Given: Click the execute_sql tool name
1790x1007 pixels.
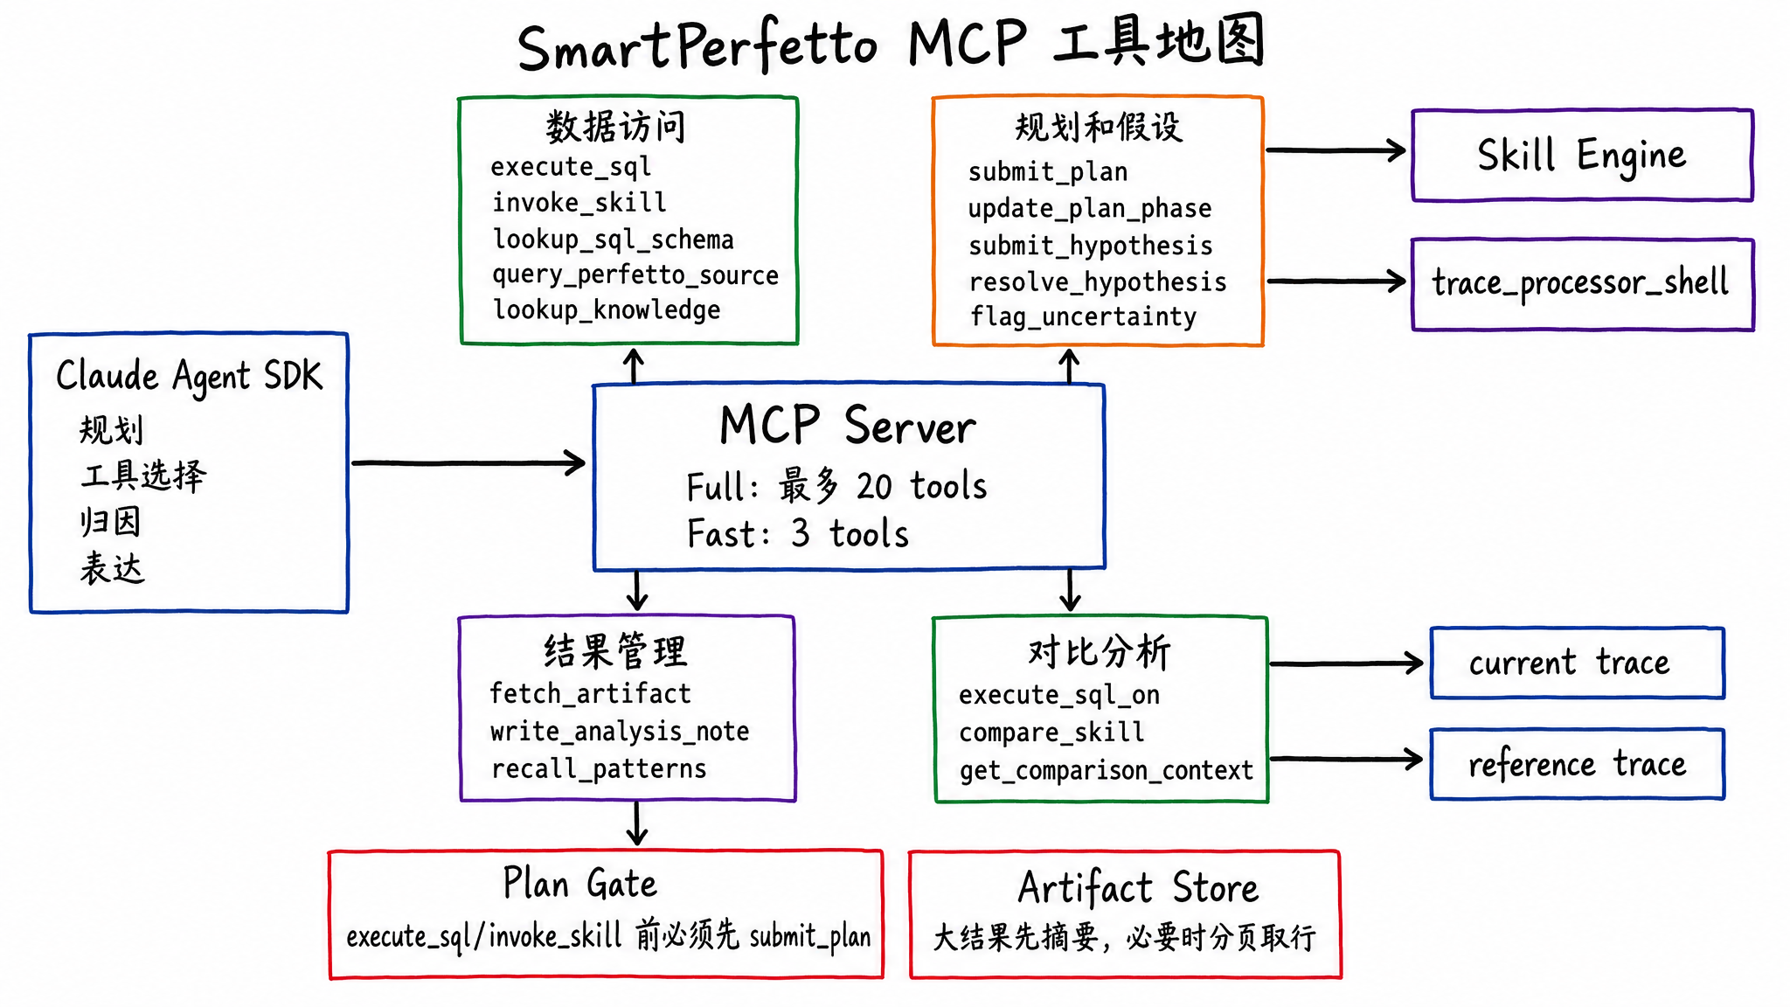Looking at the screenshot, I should point(571,166).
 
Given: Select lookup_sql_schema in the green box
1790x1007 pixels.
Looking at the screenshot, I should point(613,239).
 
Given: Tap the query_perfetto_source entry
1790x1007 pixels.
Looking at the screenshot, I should point(635,274).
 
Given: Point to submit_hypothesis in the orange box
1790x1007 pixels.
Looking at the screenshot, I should point(1090,246).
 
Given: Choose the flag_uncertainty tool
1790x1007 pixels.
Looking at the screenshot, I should point(1083,316).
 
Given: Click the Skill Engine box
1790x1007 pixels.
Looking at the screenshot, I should point(1582,156).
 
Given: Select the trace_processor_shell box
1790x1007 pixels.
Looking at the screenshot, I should point(1582,283).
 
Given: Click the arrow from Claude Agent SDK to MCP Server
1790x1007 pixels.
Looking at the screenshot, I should point(468,462).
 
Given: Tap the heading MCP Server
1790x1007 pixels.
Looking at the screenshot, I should point(847,426).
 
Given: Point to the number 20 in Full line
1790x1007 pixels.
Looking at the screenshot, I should point(874,487).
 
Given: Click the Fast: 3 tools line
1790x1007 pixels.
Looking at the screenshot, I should point(798,534).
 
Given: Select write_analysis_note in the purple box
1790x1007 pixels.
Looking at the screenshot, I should point(620,731).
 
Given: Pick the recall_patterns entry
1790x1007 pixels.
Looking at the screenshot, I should point(599,768).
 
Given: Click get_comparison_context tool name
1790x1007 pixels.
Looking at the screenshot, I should point(1106,770).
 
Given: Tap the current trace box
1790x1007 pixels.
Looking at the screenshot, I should point(1577,663).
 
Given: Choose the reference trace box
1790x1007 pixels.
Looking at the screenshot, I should point(1577,764).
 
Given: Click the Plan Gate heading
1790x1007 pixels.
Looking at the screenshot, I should point(579,884).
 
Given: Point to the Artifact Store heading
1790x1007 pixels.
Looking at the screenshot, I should point(1138,888).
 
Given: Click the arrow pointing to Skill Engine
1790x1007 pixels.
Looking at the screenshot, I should point(1336,150).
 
